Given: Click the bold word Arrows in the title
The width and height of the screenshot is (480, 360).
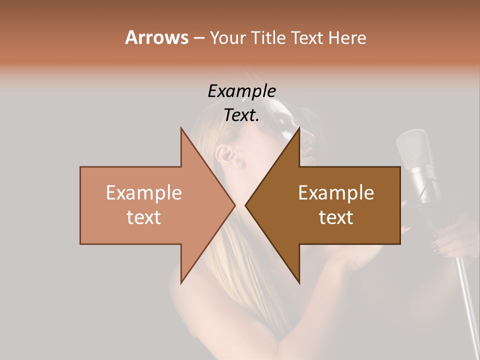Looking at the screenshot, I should pos(156,37).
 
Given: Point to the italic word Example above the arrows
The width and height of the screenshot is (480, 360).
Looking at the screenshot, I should pos(241,91).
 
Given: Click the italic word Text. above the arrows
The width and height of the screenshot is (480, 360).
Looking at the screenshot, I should pos(241,115).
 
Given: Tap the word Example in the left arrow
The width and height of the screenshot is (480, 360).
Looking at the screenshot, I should pos(144,193).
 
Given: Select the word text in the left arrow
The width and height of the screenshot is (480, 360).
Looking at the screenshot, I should pos(144,217).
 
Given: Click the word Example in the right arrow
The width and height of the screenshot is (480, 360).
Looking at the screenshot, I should pos(336,193).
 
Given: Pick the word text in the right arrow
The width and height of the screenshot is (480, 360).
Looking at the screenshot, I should pos(336,217).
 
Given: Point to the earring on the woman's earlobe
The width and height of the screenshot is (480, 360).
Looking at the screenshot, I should pos(239,164).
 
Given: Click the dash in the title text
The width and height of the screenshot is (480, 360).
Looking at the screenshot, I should pos(198,38).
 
